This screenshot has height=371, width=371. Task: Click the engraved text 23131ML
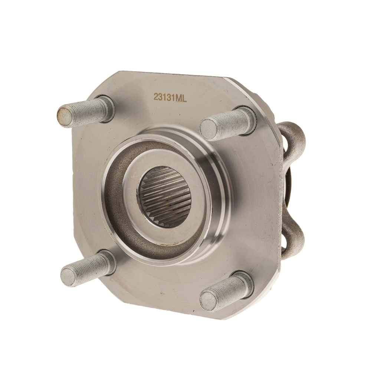(170, 97)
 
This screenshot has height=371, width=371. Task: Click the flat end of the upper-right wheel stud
(207, 129)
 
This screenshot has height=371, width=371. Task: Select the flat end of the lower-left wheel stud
(68, 277)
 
